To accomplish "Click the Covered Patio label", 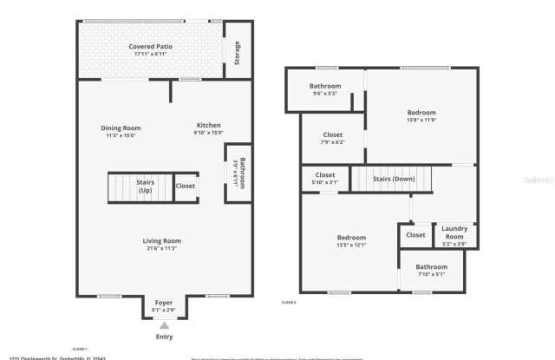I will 148,47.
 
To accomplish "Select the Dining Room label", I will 121,128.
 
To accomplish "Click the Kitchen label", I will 208,126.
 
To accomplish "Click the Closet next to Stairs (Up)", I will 186,186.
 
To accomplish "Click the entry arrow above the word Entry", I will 163,324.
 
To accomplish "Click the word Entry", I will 163,337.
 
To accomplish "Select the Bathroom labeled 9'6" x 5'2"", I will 325,87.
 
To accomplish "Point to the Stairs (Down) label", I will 393,179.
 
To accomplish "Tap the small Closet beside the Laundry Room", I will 415,234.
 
